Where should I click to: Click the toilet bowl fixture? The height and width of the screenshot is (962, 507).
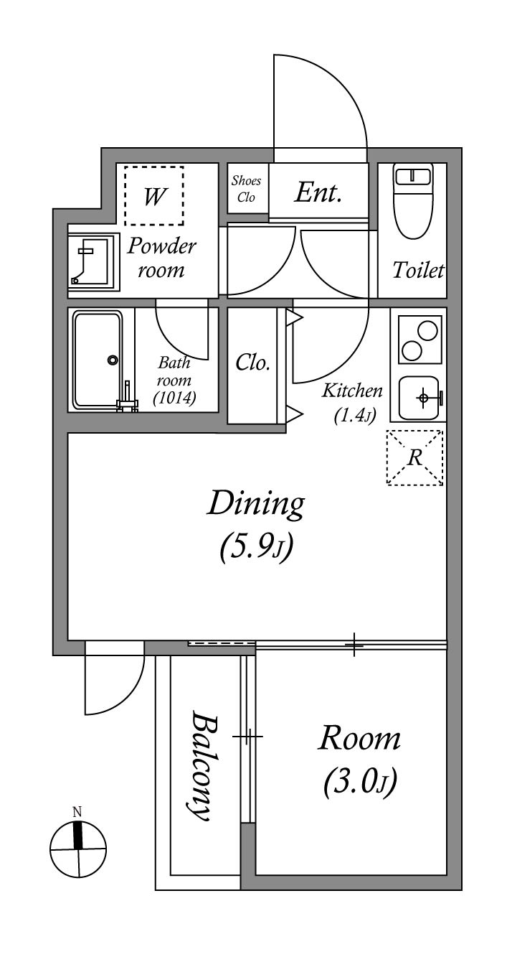pyautogui.click(x=413, y=202)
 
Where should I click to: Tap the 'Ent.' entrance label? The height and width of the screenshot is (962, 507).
pyautogui.click(x=318, y=192)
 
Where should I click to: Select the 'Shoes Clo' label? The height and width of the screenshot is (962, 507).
pyautogui.click(x=246, y=189)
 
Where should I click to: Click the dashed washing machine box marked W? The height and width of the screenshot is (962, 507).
pyautogui.click(x=154, y=195)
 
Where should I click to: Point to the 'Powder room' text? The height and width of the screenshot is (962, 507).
pyautogui.click(x=161, y=258)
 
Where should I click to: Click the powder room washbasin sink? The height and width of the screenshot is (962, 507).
pyautogui.click(x=93, y=261)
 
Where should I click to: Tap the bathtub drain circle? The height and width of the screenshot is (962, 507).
pyautogui.click(x=113, y=360)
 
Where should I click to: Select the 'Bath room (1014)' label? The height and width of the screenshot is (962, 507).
pyautogui.click(x=174, y=380)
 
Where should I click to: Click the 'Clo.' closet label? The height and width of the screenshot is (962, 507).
pyautogui.click(x=252, y=363)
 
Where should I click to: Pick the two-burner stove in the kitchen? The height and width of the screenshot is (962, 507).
pyautogui.click(x=420, y=340)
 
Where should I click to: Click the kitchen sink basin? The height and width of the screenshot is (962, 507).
pyautogui.click(x=420, y=398)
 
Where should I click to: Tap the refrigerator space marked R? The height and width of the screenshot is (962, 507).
pyautogui.click(x=414, y=458)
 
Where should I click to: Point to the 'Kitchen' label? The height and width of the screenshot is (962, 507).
pyautogui.click(x=352, y=391)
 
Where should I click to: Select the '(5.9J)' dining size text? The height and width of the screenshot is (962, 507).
pyautogui.click(x=256, y=548)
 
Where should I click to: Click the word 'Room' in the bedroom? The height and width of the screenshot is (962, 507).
pyautogui.click(x=359, y=738)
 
